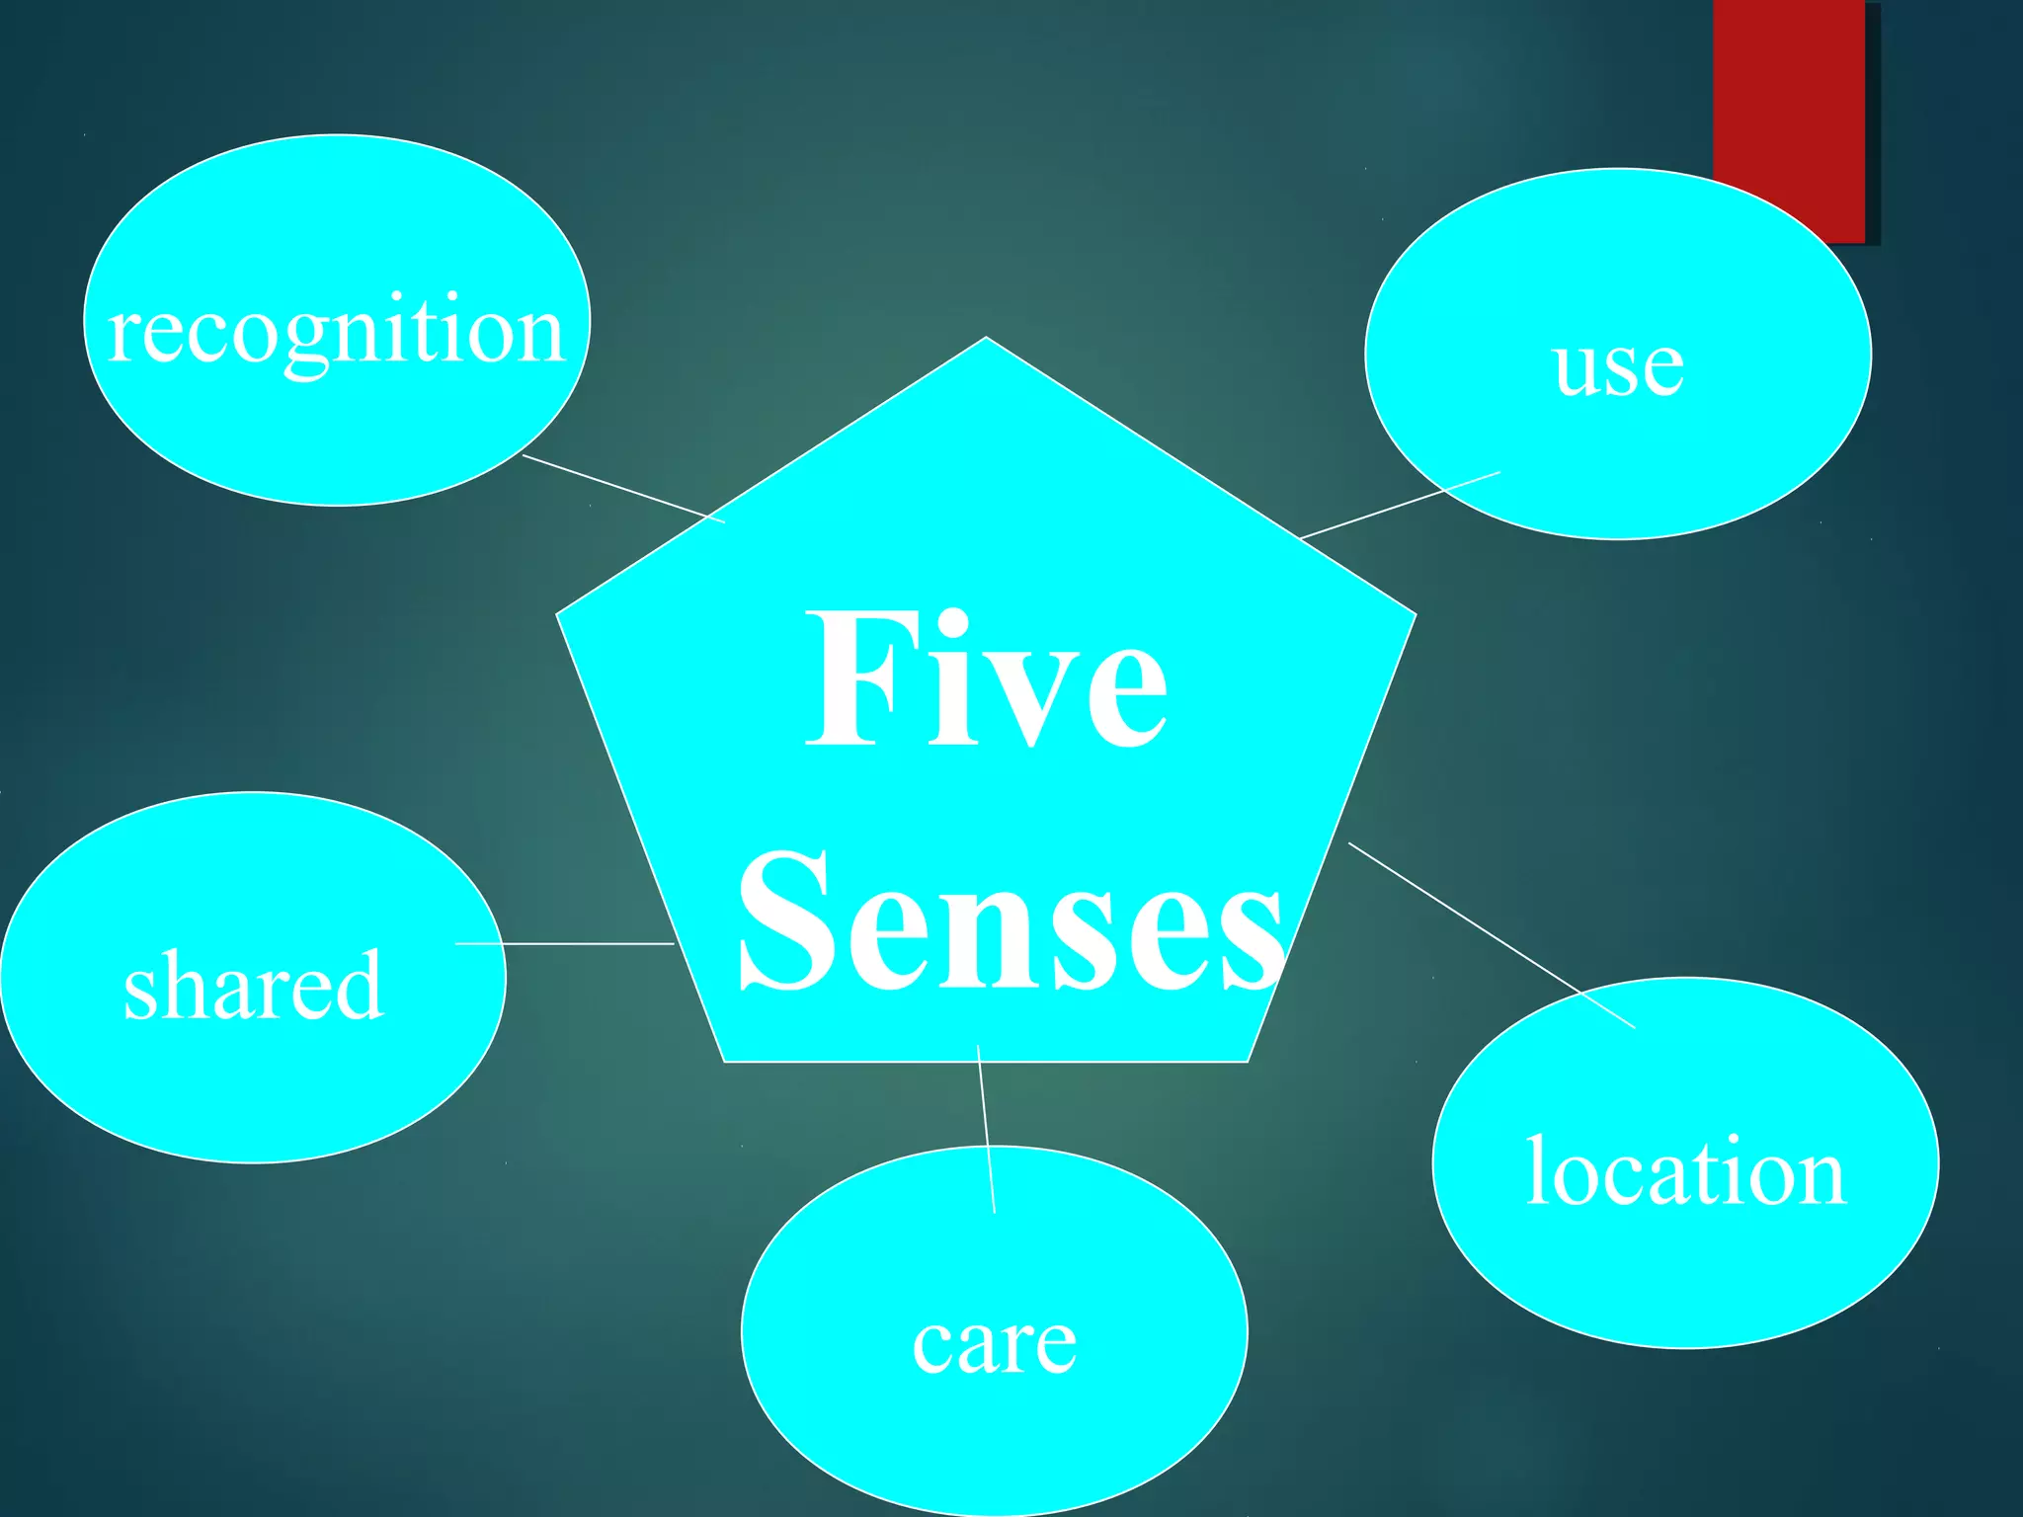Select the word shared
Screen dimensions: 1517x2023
pos(253,985)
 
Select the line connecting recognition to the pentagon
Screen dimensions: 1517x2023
pos(622,489)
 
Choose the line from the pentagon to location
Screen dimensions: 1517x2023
pos(1492,935)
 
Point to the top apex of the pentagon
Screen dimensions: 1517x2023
pos(986,339)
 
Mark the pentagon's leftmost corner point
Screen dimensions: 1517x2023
pos(558,614)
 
